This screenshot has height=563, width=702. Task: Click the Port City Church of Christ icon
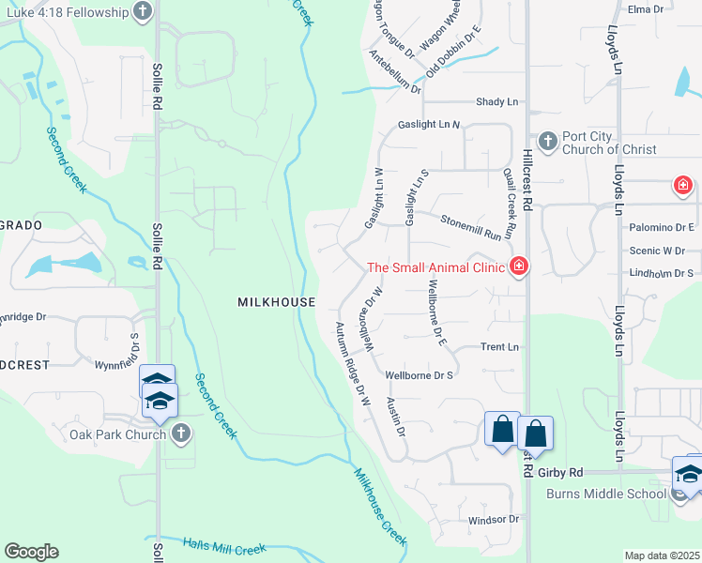tap(547, 143)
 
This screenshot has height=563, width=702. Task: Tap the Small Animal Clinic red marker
tap(517, 268)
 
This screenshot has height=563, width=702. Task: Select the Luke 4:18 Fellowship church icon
tap(143, 11)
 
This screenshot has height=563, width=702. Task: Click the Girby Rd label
tap(562, 472)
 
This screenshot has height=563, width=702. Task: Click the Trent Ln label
tap(499, 347)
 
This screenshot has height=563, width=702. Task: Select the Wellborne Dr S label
tap(420, 375)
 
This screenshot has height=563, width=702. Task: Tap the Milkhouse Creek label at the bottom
tap(380, 507)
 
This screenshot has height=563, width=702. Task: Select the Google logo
tap(31, 552)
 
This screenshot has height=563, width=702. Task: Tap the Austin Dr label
tap(396, 417)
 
